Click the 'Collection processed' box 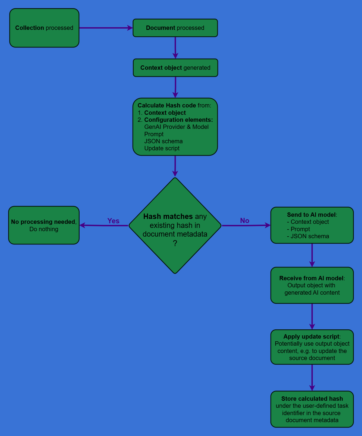[x=44, y=28]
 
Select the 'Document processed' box [x=175, y=28]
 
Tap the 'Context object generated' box [x=175, y=68]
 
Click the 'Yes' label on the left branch [x=113, y=221]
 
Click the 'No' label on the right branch [x=244, y=221]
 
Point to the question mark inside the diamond [x=175, y=243]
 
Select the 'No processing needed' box [x=44, y=225]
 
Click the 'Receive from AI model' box [x=312, y=285]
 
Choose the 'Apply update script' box [x=312, y=347]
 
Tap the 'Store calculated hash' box [x=312, y=409]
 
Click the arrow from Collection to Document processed [x=106, y=28]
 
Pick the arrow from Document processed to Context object [x=175, y=47]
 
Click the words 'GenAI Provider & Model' [x=176, y=127]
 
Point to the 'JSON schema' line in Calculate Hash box [x=163, y=141]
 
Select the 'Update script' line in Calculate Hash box [x=162, y=148]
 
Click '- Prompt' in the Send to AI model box [x=298, y=229]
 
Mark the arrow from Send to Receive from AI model [x=312, y=255]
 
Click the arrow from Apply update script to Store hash [x=312, y=377]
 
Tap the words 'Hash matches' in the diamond [x=168, y=217]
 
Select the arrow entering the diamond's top [x=175, y=166]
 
